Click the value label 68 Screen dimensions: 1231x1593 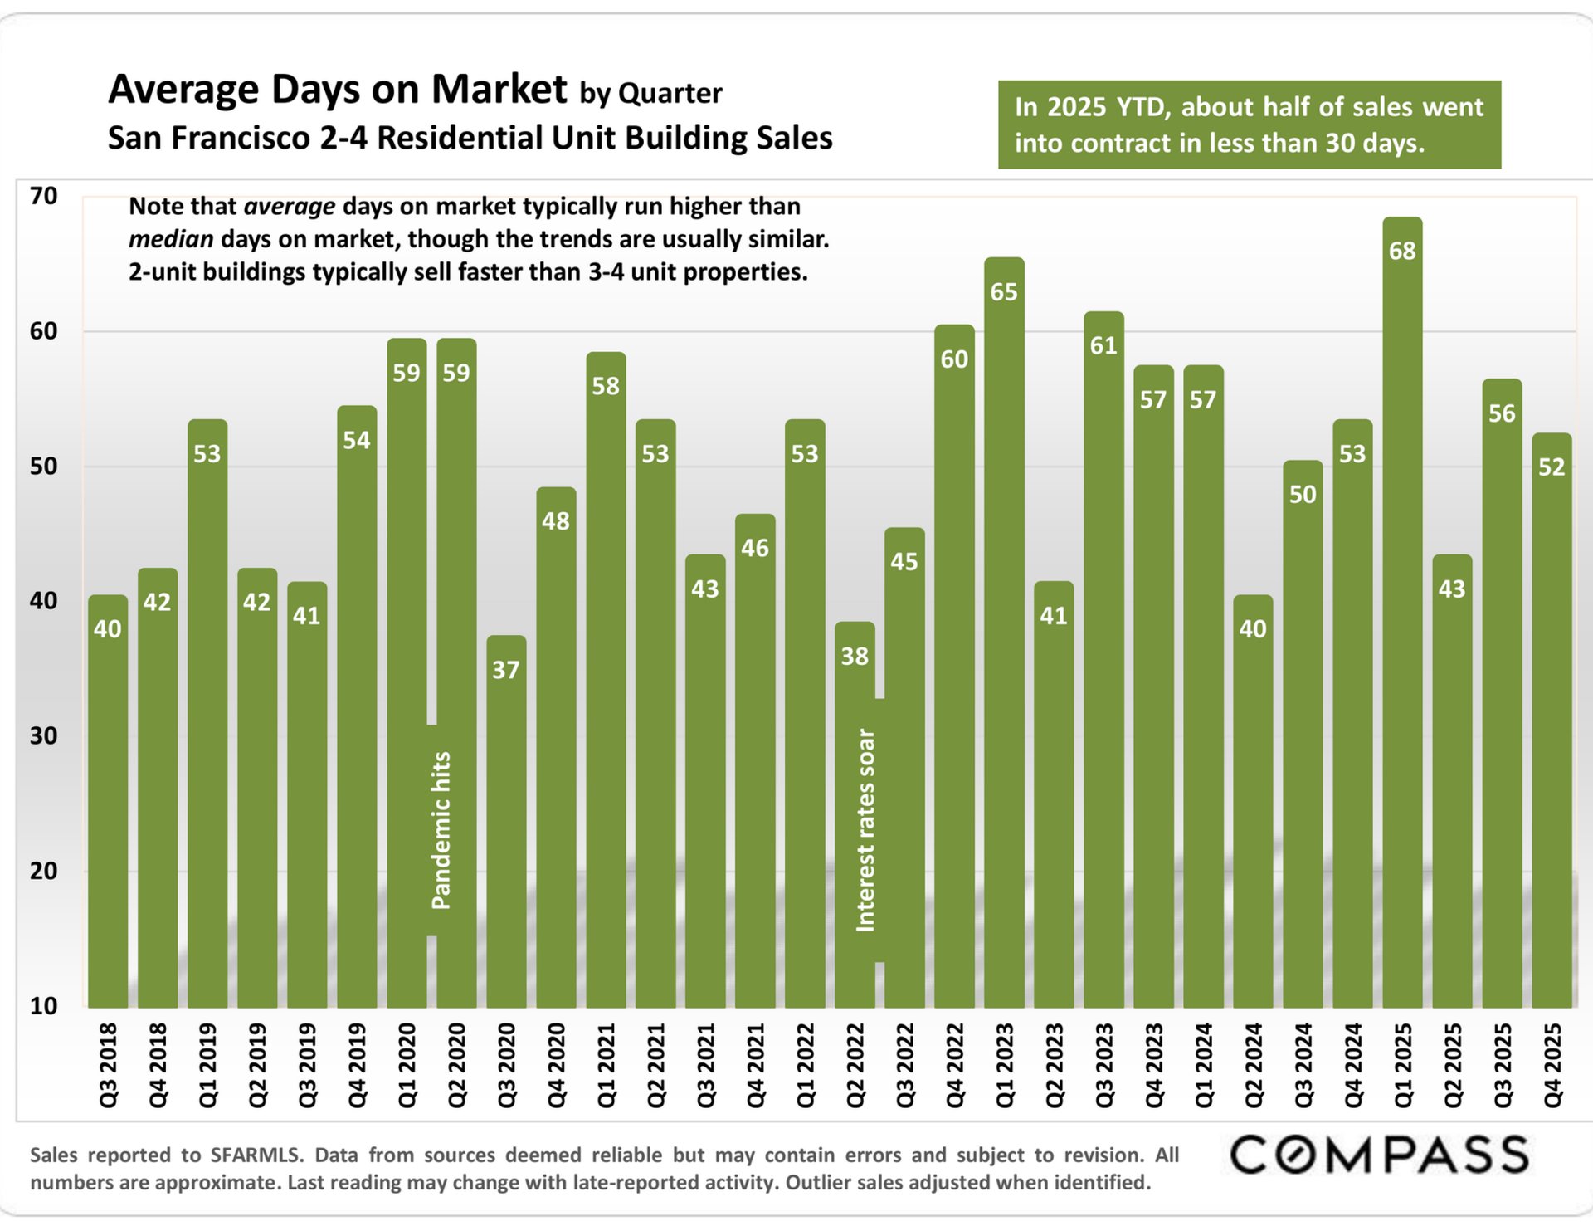1402,251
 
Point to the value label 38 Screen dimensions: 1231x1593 855,657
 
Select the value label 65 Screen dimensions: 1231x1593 1004,292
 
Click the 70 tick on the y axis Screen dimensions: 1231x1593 43,197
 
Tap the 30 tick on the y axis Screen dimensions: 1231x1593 43,736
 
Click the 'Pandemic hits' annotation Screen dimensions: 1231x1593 441,830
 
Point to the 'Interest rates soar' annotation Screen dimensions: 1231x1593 865,830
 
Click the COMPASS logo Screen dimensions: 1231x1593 1379,1155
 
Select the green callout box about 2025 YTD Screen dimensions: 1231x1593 1249,125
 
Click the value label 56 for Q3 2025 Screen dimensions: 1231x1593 1502,413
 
